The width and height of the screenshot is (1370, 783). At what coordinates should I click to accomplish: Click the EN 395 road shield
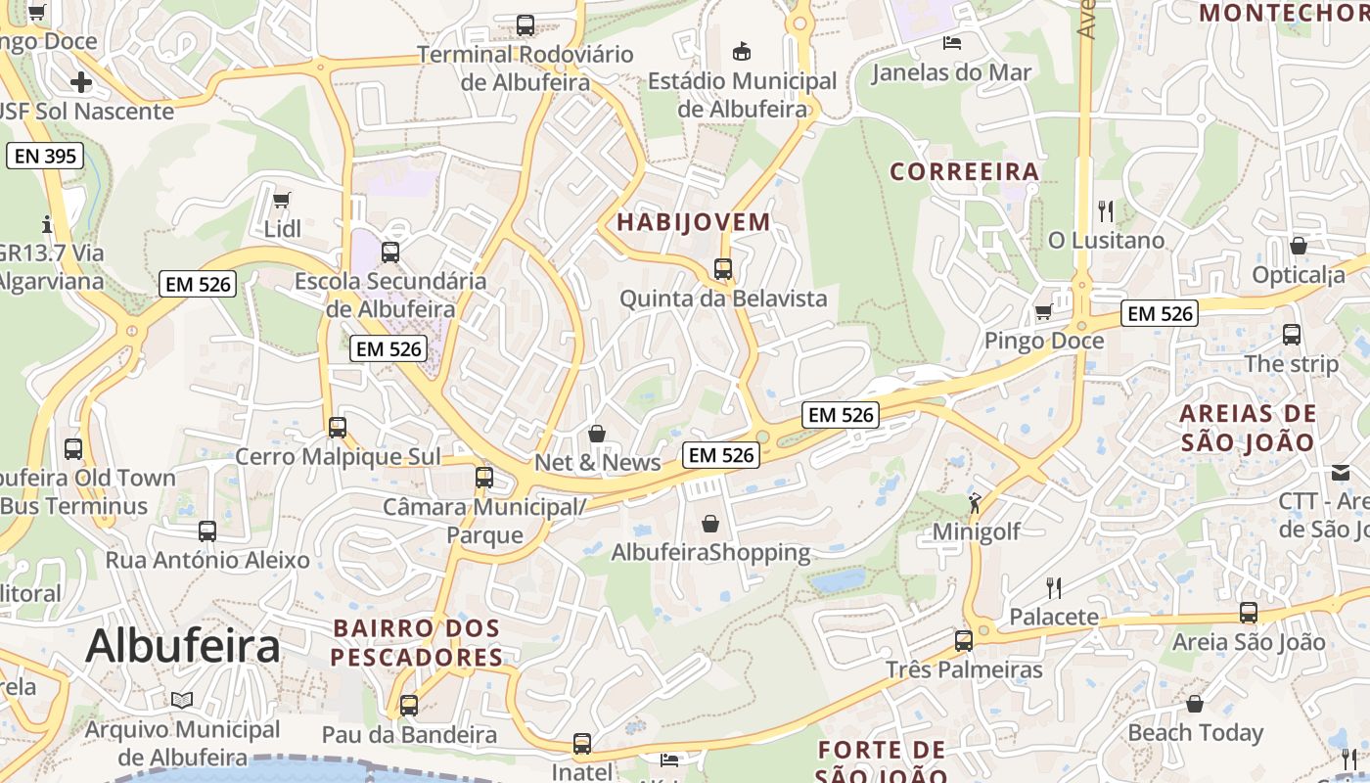pos(45,156)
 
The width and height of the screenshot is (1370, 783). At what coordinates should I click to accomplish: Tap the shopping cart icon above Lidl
pos(282,201)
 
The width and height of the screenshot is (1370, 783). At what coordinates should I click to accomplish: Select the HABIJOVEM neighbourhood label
pos(694,222)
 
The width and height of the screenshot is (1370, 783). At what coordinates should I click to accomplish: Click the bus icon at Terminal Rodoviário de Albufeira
pos(525,25)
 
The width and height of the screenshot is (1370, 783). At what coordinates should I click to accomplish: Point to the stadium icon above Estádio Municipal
pos(742,51)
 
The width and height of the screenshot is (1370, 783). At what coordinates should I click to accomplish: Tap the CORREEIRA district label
pos(964,172)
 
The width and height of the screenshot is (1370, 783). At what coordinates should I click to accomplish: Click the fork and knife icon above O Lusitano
pos(1106,210)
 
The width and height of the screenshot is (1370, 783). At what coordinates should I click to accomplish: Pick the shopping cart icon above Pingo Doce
pos(1044,312)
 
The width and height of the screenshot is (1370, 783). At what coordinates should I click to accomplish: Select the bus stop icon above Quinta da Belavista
pos(723,268)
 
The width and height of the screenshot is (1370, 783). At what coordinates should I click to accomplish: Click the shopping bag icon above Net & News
pos(597,433)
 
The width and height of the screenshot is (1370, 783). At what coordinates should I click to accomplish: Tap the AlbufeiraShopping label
pos(710,553)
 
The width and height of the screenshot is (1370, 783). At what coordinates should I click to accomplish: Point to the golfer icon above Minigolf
pos(975,503)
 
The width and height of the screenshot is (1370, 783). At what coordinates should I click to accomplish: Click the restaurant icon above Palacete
pos(1054,587)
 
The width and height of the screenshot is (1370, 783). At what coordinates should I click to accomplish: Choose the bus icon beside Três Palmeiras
pos(964,641)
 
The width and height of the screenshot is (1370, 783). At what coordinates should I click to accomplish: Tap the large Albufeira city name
pos(183,647)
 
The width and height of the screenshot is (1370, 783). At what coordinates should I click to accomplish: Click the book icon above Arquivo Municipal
pos(182,700)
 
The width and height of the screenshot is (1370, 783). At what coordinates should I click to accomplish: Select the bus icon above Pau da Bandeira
pos(409,705)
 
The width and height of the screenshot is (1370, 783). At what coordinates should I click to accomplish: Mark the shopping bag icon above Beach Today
pos(1195,704)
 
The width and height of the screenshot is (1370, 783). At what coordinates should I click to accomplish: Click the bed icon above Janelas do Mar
pos(951,42)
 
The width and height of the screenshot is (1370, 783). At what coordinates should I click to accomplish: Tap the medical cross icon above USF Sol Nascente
pos(81,81)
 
